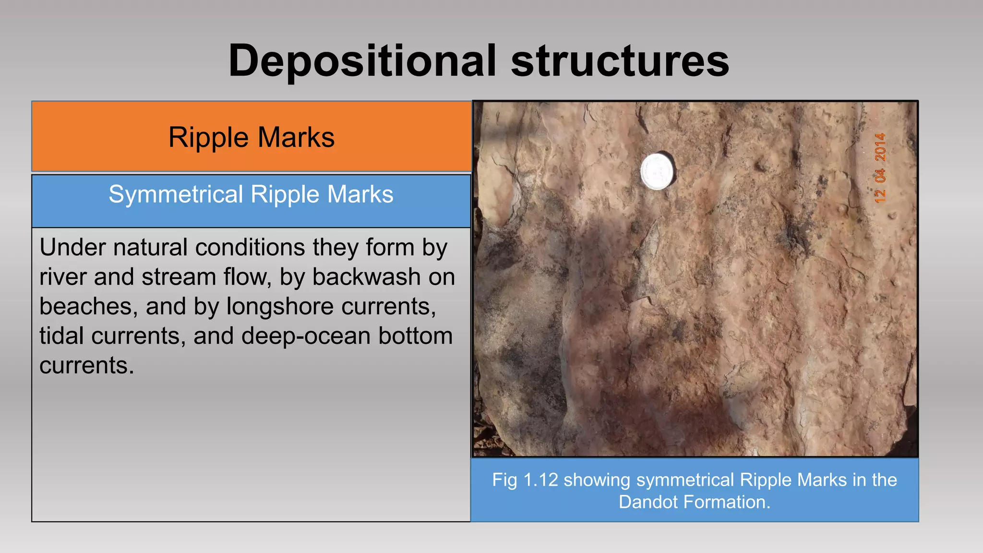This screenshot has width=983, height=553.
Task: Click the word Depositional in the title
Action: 362,61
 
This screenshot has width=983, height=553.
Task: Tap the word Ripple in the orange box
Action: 208,137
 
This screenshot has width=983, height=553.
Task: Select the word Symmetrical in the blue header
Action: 176,194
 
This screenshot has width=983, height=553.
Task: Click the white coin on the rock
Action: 657,171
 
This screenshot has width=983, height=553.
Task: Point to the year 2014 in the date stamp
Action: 880,147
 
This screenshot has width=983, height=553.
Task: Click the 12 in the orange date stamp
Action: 880,195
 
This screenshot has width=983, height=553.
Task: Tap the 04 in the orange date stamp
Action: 880,176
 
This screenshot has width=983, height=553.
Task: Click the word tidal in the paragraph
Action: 61,336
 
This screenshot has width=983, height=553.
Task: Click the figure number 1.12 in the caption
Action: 540,480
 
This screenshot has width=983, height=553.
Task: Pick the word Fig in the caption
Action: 504,480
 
